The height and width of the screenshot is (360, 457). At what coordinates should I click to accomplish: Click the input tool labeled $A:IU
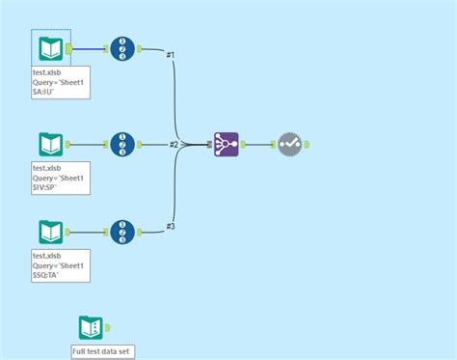coord(50,48)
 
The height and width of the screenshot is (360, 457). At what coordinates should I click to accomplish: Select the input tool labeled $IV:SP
coord(50,145)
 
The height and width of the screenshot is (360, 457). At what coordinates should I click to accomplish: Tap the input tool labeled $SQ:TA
coord(50,232)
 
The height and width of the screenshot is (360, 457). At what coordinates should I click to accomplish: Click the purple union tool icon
coord(227,145)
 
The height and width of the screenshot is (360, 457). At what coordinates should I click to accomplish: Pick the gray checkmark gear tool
coord(290,145)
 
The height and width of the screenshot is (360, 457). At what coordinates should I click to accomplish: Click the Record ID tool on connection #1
coord(122,48)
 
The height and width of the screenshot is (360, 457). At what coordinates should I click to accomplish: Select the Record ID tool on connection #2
coord(122,145)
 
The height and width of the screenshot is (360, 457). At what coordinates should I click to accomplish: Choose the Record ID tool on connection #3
coord(122,232)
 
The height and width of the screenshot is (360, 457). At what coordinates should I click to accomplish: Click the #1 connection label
coord(171,55)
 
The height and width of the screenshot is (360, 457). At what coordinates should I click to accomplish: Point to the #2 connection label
coord(174,145)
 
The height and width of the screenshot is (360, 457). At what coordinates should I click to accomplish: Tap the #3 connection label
coord(171,226)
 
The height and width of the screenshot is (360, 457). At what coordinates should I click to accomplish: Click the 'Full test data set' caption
coord(103,351)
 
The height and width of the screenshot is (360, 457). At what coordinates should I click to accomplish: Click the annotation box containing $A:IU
coord(61,82)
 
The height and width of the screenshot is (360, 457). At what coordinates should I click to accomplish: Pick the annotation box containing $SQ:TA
coord(61,264)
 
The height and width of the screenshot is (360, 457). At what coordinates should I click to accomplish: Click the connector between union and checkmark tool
coord(260,145)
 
